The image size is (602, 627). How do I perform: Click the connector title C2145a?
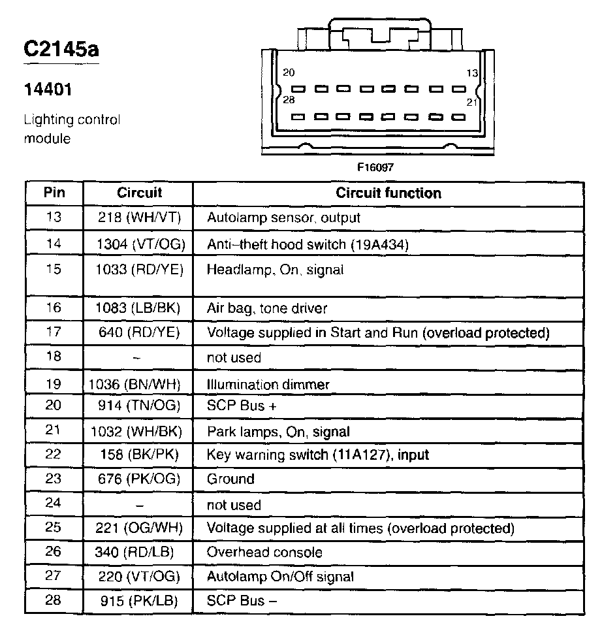(x=61, y=50)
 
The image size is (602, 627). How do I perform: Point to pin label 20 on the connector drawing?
(x=289, y=73)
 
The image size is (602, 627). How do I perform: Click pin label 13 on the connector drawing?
(x=471, y=73)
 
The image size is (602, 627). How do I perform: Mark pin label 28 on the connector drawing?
(x=289, y=100)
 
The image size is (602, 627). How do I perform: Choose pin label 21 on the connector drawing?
(x=471, y=102)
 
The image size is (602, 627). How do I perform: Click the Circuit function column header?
(x=388, y=193)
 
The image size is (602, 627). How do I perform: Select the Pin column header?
(x=54, y=193)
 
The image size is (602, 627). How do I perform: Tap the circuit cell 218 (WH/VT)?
(x=139, y=218)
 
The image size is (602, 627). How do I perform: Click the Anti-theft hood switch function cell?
(x=308, y=244)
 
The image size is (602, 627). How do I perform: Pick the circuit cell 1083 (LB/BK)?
(x=139, y=308)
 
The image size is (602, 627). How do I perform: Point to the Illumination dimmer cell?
(x=268, y=385)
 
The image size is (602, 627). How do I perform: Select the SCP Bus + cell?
(x=242, y=406)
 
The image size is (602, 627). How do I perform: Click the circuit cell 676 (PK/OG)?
(x=139, y=479)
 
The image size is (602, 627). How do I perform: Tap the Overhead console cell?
(x=264, y=553)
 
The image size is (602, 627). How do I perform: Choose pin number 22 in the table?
(x=54, y=454)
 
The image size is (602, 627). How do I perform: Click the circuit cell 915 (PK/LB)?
(x=139, y=601)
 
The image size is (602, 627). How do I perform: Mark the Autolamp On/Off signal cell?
(x=280, y=577)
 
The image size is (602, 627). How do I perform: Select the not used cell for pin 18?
(x=234, y=358)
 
